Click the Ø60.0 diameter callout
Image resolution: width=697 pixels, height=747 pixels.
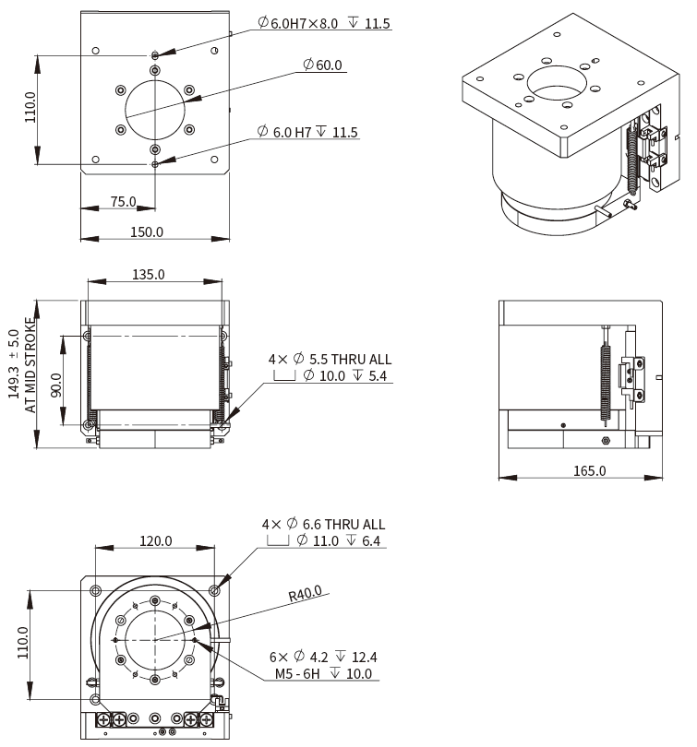pos(322,65)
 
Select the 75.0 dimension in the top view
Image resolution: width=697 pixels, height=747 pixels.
pos(123,201)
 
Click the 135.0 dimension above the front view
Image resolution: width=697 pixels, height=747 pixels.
pos(149,274)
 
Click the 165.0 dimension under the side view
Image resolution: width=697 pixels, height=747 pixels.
pos(590,470)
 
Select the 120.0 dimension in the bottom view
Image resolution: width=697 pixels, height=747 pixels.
pos(156,540)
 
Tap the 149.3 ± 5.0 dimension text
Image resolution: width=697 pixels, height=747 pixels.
pos(14,364)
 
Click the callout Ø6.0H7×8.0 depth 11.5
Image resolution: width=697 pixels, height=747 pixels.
pos(323,22)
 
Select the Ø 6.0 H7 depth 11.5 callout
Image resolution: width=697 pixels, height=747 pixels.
pos(308,133)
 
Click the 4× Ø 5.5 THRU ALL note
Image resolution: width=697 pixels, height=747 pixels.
pos(330,359)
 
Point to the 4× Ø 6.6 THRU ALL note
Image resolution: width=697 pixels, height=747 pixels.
pos(323,524)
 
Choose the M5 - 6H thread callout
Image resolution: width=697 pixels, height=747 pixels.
pos(323,674)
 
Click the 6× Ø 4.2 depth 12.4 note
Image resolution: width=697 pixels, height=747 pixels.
pos(323,658)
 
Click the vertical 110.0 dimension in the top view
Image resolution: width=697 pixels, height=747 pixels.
pos(30,108)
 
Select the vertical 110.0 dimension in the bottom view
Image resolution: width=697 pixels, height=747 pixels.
pos(22,642)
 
